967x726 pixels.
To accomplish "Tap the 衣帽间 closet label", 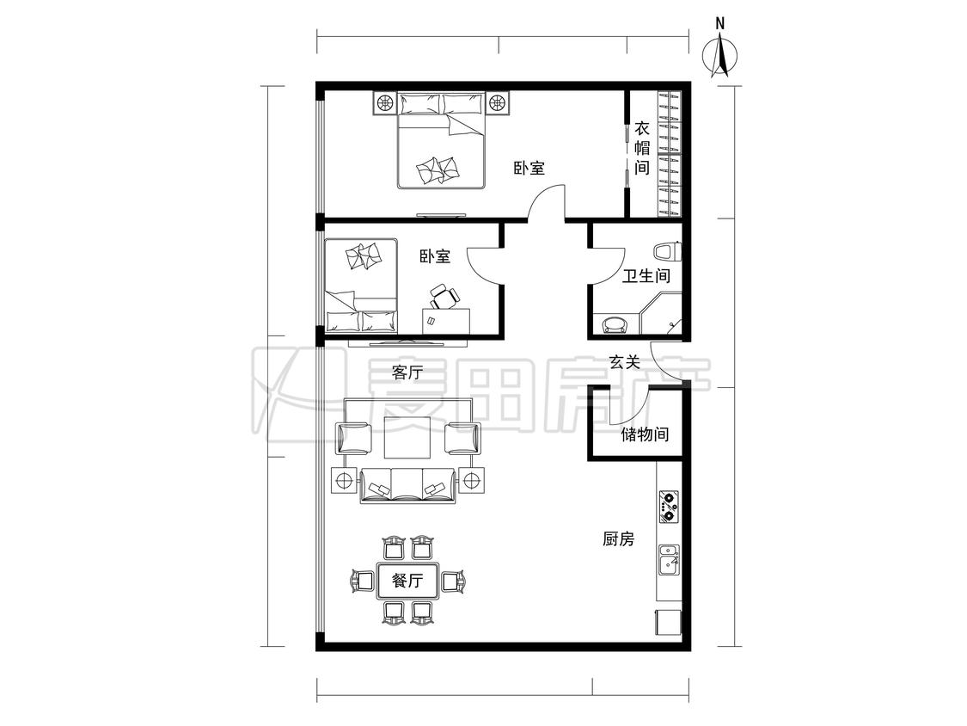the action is (x=642, y=148).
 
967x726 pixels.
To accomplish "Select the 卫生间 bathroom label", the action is (x=646, y=275).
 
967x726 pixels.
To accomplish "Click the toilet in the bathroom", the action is (x=667, y=252).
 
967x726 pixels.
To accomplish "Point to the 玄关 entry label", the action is (x=625, y=362).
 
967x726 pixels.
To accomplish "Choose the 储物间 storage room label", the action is (x=645, y=434).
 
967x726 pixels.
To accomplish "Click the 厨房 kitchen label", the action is (x=618, y=539).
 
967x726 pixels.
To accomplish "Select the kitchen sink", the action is (x=669, y=559).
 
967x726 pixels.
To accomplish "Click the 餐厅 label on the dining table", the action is (x=407, y=581).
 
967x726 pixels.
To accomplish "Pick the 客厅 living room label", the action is (x=407, y=372).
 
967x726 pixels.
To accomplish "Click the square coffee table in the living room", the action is (x=407, y=437).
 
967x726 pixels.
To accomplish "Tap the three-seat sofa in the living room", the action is (x=407, y=485).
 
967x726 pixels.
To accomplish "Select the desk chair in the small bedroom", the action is (x=444, y=296).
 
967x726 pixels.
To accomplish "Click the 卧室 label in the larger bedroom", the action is (x=529, y=167).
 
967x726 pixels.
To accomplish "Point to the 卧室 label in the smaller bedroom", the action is (x=435, y=256).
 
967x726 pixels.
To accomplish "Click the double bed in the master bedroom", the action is (x=440, y=140).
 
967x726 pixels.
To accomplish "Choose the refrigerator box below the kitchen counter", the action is (x=668, y=623).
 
